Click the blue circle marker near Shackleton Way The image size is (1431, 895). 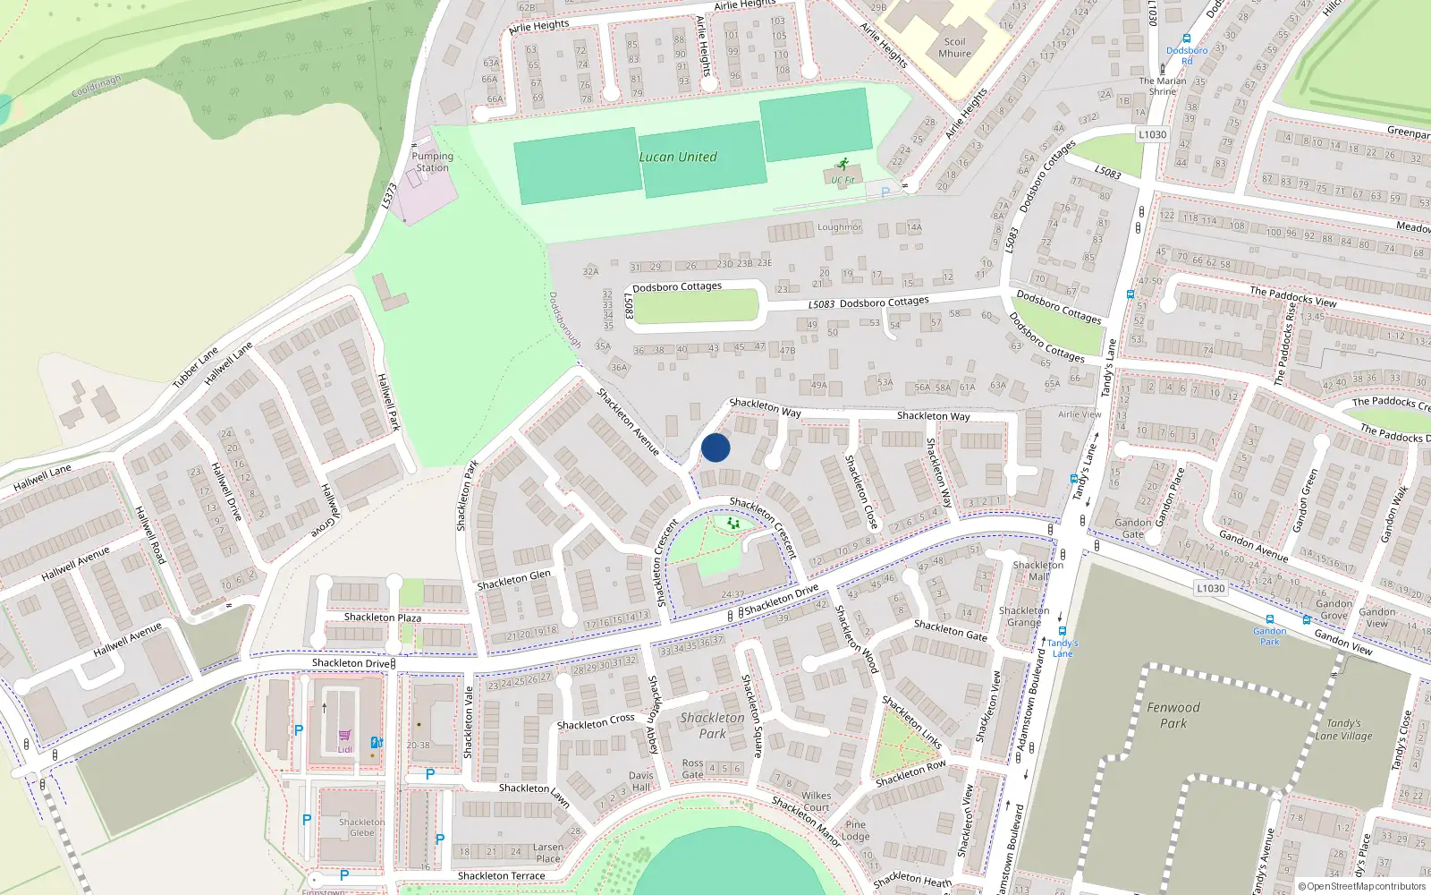click(x=715, y=448)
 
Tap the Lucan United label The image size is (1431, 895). click(x=678, y=158)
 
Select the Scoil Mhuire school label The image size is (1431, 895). click(x=954, y=47)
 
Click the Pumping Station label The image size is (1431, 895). click(x=432, y=162)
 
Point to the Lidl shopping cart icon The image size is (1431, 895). click(x=344, y=737)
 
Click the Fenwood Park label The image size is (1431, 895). click(x=1173, y=715)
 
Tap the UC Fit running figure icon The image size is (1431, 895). click(x=843, y=165)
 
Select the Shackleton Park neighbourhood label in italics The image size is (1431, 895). click(x=712, y=725)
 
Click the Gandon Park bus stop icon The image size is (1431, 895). click(x=1269, y=619)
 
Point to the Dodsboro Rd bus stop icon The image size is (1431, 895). click(x=1187, y=39)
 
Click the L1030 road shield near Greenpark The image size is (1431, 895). click(x=1152, y=134)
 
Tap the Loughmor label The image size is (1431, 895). click(x=839, y=227)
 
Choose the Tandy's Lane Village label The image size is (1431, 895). click(x=1343, y=729)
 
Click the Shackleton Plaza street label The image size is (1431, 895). click(x=382, y=618)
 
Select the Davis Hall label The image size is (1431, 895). click(x=640, y=781)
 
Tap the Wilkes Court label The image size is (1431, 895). click(x=816, y=801)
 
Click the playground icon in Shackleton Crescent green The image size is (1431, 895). click(x=732, y=523)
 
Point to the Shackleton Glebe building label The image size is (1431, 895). click(x=361, y=827)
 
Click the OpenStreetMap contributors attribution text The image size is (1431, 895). click(x=1362, y=887)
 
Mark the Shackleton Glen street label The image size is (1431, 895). click(x=513, y=580)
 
